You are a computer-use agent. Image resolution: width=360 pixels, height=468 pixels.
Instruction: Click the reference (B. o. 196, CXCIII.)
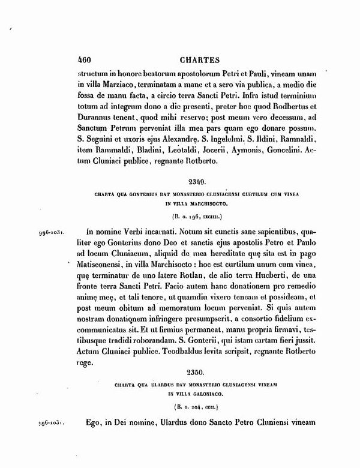(x=196, y=215)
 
